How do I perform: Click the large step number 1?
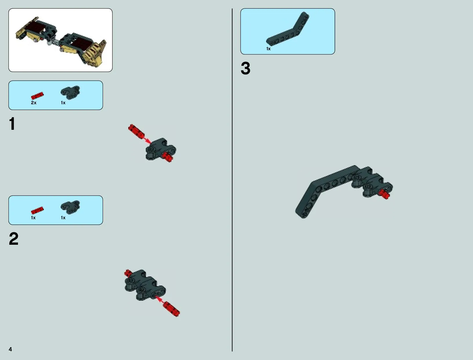tap(12, 124)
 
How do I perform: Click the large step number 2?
tap(14, 239)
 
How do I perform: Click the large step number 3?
tap(245, 68)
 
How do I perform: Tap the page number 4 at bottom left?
tap(10, 349)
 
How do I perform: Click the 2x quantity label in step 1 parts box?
tap(34, 103)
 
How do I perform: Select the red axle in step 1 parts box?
tap(37, 96)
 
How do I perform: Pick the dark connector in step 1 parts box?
tap(70, 93)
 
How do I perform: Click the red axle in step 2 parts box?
tap(37, 210)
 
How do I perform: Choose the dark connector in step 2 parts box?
tap(70, 207)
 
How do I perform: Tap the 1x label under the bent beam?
tap(268, 49)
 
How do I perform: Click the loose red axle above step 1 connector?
tap(136, 131)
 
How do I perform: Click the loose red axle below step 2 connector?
tap(171, 309)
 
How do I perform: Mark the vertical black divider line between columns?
tap(232, 180)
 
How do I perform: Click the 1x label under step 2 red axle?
tap(33, 218)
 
